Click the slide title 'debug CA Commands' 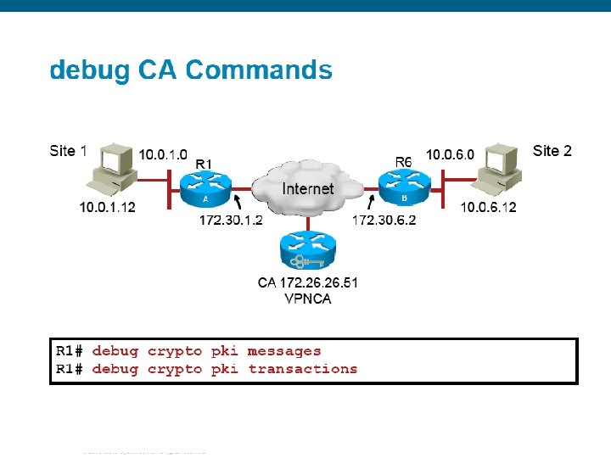(x=191, y=70)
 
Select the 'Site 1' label (x=68, y=151)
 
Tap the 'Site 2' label (x=552, y=151)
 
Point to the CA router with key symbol (x=307, y=251)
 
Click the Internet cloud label (x=307, y=188)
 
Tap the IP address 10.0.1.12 (x=108, y=207)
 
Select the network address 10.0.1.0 (x=164, y=154)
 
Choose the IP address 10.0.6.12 (x=488, y=207)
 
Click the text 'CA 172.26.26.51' (x=307, y=283)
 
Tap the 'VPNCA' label (x=307, y=298)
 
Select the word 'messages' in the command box (x=284, y=351)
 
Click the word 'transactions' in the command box (x=303, y=369)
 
